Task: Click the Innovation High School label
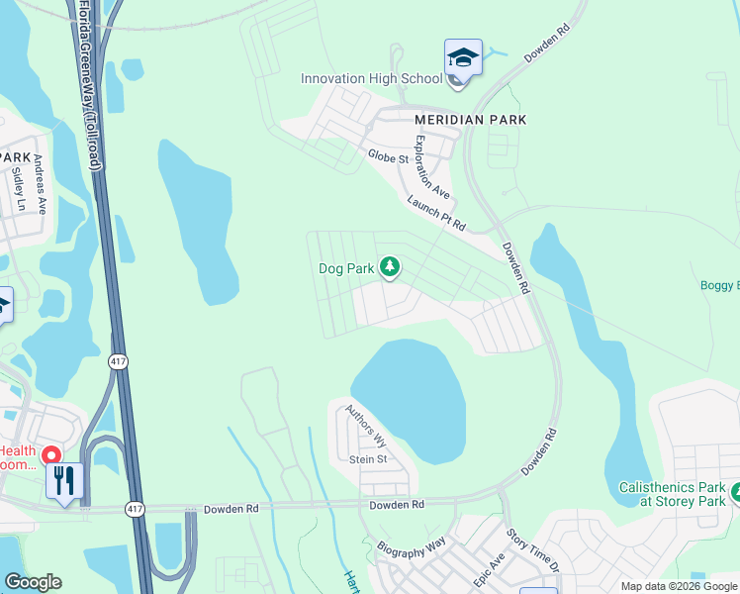pyautogui.click(x=371, y=79)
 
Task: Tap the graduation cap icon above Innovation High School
pyautogui.click(x=463, y=57)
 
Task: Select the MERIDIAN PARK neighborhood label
pyautogui.click(x=470, y=120)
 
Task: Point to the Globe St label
pyautogui.click(x=388, y=157)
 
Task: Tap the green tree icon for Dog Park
pyautogui.click(x=391, y=266)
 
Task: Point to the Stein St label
pyautogui.click(x=367, y=459)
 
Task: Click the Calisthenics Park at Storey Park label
pyautogui.click(x=672, y=495)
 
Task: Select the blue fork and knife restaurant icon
pyautogui.click(x=64, y=481)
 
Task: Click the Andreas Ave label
pyautogui.click(x=41, y=184)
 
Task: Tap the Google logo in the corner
pyautogui.click(x=33, y=581)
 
